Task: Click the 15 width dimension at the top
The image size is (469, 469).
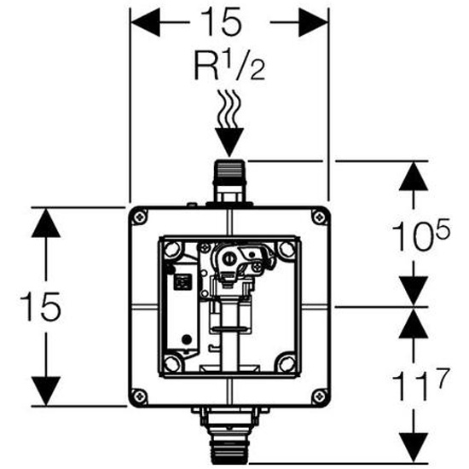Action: (x=221, y=22)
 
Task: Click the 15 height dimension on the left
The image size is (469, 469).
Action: (x=40, y=306)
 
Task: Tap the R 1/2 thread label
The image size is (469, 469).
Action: (x=229, y=65)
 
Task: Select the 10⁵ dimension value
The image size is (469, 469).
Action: (x=420, y=234)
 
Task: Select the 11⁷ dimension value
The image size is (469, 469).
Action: (x=420, y=384)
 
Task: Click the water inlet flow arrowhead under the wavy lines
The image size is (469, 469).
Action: (x=229, y=142)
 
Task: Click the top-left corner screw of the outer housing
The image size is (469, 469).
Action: (x=139, y=217)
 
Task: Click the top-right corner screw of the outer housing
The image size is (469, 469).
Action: (x=320, y=217)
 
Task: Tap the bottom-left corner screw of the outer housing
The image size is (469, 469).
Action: (x=139, y=397)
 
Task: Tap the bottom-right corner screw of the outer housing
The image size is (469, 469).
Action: (x=320, y=397)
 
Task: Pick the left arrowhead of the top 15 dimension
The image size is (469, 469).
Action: (x=145, y=22)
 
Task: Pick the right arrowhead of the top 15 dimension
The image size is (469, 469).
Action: (x=314, y=22)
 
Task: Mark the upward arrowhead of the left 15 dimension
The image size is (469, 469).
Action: (x=46, y=223)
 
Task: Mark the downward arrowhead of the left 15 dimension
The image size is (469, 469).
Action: (x=46, y=391)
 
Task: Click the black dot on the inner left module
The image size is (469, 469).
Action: (x=187, y=339)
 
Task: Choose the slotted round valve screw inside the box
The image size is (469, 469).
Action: (x=229, y=257)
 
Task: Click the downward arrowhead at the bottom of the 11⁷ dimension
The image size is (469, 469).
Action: (x=414, y=447)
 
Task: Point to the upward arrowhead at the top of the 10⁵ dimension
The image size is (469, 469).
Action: (x=414, y=177)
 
